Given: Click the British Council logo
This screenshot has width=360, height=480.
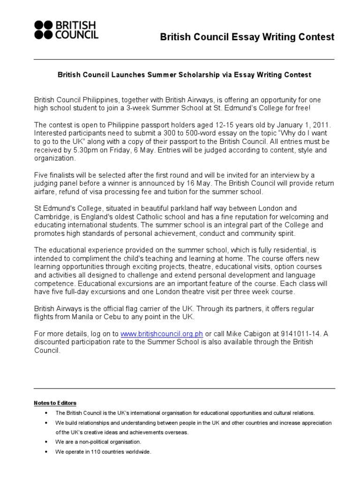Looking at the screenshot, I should click(x=65, y=30).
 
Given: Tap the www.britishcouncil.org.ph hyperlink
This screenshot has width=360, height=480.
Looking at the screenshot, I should click(x=162, y=333).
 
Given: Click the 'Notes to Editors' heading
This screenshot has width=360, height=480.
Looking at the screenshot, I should click(x=55, y=403).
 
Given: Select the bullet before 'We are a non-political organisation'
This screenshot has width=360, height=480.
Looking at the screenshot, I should click(x=45, y=442).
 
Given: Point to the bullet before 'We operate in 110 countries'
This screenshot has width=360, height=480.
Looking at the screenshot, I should click(x=45, y=452).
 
